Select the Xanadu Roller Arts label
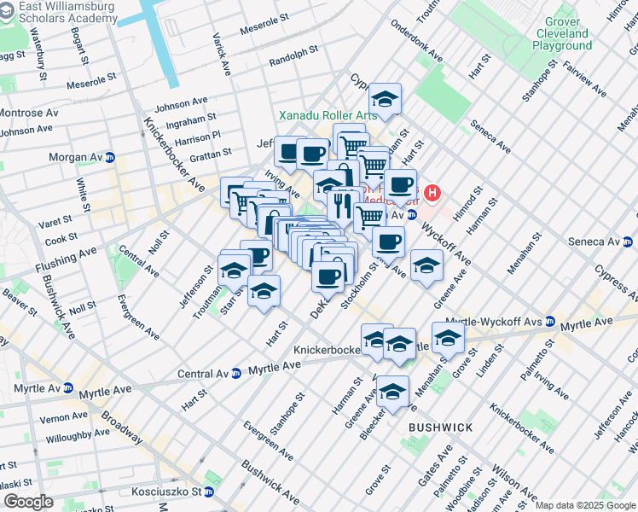pyautogui.click(x=330, y=115)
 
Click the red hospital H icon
pyautogui.click(x=433, y=193)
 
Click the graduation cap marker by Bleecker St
pyautogui.click(x=392, y=392)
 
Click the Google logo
pyautogui.click(x=28, y=501)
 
